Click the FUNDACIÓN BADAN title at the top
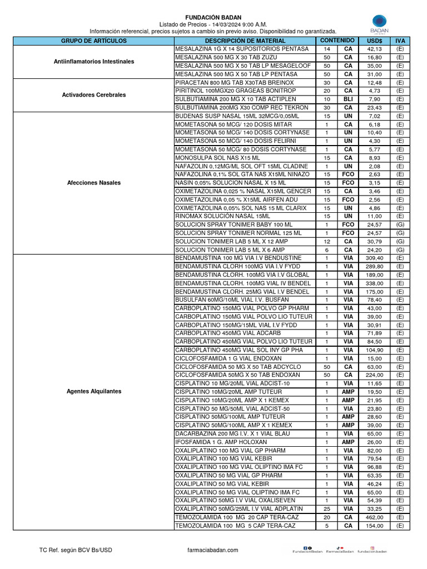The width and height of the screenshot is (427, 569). pyautogui.click(x=213, y=18)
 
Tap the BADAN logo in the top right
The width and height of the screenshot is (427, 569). pyautogui.click(x=380, y=25)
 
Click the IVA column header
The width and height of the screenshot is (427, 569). pyautogui.click(x=400, y=41)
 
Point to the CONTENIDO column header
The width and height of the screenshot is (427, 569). pyautogui.click(x=337, y=41)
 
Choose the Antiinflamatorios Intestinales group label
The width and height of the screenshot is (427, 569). pyautogui.click(x=93, y=61)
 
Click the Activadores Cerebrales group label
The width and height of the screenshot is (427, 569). pyautogui.click(x=93, y=95)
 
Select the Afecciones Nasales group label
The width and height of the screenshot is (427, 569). pyautogui.click(x=93, y=182)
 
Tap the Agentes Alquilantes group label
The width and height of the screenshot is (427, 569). pyautogui.click(x=93, y=391)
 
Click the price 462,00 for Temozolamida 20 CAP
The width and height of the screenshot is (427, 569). pyautogui.click(x=374, y=517)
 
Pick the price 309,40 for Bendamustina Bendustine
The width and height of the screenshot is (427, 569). pyautogui.click(x=374, y=258)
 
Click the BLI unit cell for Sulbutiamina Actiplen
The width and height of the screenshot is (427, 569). pyautogui.click(x=348, y=99)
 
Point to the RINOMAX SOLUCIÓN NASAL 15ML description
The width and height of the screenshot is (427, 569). pyautogui.click(x=222, y=216)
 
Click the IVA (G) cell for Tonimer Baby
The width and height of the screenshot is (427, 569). pyautogui.click(x=400, y=224)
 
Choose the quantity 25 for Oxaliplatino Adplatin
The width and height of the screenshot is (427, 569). pyautogui.click(x=327, y=508)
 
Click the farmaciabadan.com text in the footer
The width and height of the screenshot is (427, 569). pyautogui.click(x=213, y=550)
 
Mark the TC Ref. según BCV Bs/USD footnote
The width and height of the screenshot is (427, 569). pyautogui.click(x=76, y=550)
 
